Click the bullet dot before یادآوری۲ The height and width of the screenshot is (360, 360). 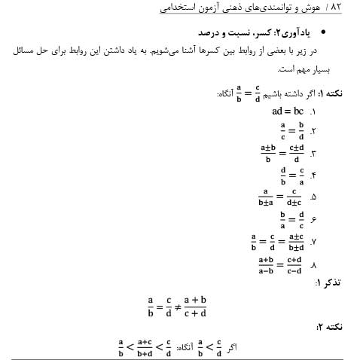click(x=325, y=34)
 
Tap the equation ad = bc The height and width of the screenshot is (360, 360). click(x=286, y=111)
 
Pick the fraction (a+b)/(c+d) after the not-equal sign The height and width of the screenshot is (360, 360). click(x=194, y=307)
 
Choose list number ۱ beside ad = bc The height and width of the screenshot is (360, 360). click(x=312, y=111)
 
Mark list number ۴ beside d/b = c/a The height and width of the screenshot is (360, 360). click(x=312, y=178)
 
